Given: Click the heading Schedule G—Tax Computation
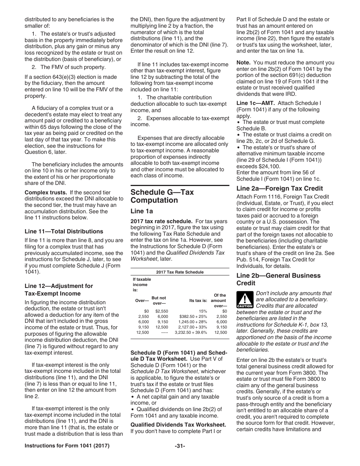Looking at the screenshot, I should (162, 196).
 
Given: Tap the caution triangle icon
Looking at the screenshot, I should (244, 299).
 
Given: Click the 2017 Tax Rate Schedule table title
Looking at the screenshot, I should (180, 272).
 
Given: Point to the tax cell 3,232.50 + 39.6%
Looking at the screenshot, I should (191, 332).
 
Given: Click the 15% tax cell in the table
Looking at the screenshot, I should (203, 311).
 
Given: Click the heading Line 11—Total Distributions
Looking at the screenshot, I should (64, 231).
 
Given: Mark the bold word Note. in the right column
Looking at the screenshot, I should (243, 63).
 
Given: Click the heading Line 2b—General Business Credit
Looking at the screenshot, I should (278, 279).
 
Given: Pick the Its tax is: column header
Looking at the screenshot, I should (198, 300).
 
